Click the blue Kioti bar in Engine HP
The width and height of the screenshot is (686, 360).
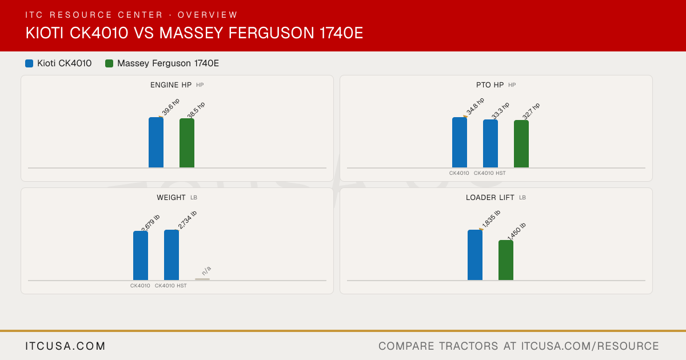click(156, 142)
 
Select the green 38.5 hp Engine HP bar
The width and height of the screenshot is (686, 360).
click(187, 143)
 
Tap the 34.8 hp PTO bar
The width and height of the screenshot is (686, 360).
click(460, 142)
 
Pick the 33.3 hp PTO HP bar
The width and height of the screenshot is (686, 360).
click(490, 143)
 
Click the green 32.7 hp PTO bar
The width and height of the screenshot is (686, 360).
click(521, 144)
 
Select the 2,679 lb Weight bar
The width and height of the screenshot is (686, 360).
click(141, 255)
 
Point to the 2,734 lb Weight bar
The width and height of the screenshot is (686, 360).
click(171, 255)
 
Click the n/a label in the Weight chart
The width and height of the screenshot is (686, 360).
click(206, 271)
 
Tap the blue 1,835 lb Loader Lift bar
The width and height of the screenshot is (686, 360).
click(475, 255)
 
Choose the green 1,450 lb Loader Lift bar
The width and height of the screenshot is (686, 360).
click(506, 260)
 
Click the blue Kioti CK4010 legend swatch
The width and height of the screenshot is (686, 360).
click(29, 63)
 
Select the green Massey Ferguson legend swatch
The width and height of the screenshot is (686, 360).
click(109, 63)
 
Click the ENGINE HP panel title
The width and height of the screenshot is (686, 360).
click(171, 85)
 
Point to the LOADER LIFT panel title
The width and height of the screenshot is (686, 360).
click(490, 198)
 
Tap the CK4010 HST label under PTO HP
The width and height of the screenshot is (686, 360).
click(490, 173)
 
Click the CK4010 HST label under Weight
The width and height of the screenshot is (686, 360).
click(170, 286)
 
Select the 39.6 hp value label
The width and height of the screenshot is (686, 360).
click(170, 107)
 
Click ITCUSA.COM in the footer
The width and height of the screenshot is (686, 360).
click(65, 346)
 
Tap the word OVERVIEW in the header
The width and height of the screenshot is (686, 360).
click(208, 15)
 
